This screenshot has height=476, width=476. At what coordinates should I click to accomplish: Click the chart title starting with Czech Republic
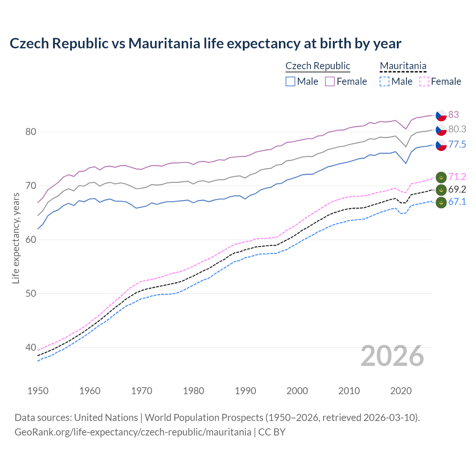coord(205,44)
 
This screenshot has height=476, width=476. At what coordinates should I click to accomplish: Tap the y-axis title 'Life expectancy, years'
coord(16,238)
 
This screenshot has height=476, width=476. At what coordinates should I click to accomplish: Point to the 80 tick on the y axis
coord(31,132)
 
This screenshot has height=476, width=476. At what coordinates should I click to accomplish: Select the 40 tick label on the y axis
coord(31,347)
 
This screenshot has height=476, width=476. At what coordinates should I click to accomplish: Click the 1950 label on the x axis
coord(38,391)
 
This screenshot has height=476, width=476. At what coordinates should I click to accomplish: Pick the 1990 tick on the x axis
coord(245,391)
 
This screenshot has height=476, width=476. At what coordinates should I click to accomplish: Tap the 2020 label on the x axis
coord(401,391)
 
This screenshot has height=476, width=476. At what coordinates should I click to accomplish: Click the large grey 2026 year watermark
coord(392,356)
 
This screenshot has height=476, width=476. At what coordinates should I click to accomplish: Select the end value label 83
coord(453,115)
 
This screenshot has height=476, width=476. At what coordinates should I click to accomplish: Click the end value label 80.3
coord(457,129)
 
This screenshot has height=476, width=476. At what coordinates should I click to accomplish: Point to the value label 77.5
coord(457,144)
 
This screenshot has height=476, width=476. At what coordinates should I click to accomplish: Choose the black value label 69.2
coord(457,189)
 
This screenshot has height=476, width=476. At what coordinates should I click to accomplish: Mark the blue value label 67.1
coord(457,202)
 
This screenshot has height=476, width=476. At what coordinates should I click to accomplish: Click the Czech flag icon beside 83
coord(441,115)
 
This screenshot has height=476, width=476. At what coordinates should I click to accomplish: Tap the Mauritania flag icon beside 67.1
coord(441,203)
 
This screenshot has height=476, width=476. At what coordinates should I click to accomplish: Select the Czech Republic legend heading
coord(318,66)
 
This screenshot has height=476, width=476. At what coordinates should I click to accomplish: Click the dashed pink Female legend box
coord(424,81)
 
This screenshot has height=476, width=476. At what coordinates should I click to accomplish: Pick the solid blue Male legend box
coord(290,81)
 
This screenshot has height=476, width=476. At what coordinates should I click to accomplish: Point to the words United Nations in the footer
coord(106,418)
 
